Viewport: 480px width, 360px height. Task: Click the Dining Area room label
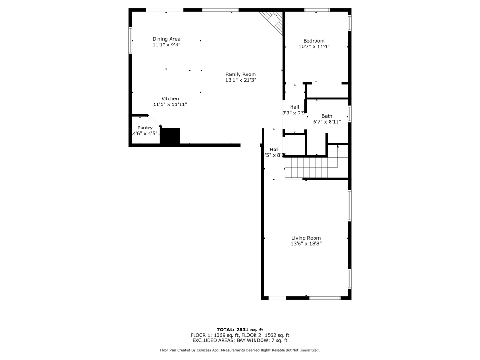pos(166,39)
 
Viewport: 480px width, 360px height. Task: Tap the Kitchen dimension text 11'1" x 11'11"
pos(170,105)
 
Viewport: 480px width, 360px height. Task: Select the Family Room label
pos(240,74)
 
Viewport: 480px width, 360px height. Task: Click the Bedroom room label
pos(314,41)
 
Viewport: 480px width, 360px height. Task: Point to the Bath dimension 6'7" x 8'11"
pos(327,122)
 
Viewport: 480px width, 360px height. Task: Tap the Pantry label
pos(145,127)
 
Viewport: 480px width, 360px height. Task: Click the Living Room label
pos(306,238)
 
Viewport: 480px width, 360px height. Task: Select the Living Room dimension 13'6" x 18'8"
pos(306,244)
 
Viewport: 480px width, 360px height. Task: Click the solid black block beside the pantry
pos(170,136)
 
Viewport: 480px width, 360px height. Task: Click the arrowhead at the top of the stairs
pos(338,147)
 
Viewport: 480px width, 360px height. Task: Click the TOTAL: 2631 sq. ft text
pos(240,329)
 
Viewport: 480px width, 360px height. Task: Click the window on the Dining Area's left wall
pos(131,40)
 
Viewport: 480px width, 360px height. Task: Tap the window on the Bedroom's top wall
pos(317,10)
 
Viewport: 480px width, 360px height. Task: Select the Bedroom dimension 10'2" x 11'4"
pos(314,47)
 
